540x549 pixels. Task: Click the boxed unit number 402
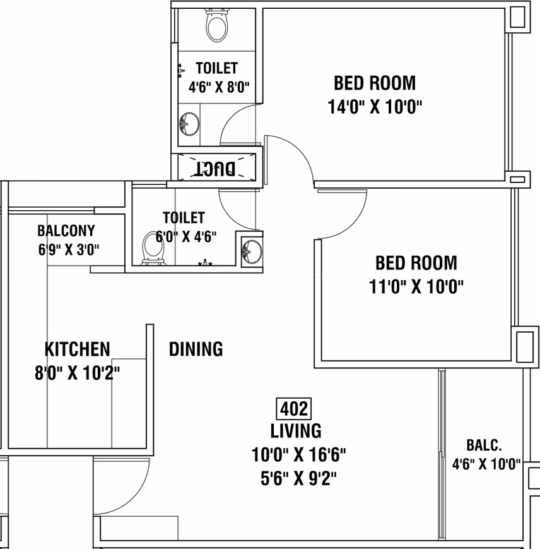coord(294,409)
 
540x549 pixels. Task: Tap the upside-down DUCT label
coord(215,168)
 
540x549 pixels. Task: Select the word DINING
coord(196,349)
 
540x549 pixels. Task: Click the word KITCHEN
coord(78,349)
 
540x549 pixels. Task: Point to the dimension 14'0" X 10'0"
coord(375,107)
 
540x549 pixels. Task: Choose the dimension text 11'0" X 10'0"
coord(416,286)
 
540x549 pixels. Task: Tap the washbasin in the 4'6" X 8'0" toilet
coord(189,124)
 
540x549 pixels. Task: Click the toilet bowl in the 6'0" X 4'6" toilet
coord(153,248)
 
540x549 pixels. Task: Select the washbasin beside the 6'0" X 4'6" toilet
coord(251,251)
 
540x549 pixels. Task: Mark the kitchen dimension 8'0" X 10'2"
coord(78,373)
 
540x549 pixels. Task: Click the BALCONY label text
coord(66,231)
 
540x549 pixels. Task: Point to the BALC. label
coord(484,445)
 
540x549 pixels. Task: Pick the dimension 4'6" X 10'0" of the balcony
coord(486,464)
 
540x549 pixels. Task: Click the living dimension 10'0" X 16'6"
coord(298,455)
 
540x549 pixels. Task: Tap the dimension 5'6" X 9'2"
coord(298,478)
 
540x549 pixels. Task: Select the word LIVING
coord(296,431)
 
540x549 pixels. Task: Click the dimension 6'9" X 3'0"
coord(69,250)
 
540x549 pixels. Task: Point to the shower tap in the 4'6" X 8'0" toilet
coord(181,71)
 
